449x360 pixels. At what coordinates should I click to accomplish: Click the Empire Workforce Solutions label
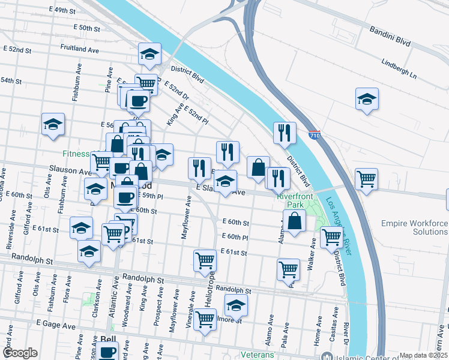click(x=414, y=227)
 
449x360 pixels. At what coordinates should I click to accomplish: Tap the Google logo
click(x=20, y=353)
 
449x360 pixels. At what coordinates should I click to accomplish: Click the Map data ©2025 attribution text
click(x=423, y=355)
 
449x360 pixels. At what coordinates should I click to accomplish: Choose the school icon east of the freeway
click(x=367, y=100)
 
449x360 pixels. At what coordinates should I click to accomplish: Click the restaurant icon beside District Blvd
click(x=284, y=133)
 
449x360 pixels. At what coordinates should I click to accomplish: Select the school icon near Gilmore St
click(x=236, y=306)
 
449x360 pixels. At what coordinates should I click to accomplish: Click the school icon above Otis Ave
click(x=53, y=125)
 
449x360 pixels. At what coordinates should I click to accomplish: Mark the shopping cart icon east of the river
click(x=366, y=179)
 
